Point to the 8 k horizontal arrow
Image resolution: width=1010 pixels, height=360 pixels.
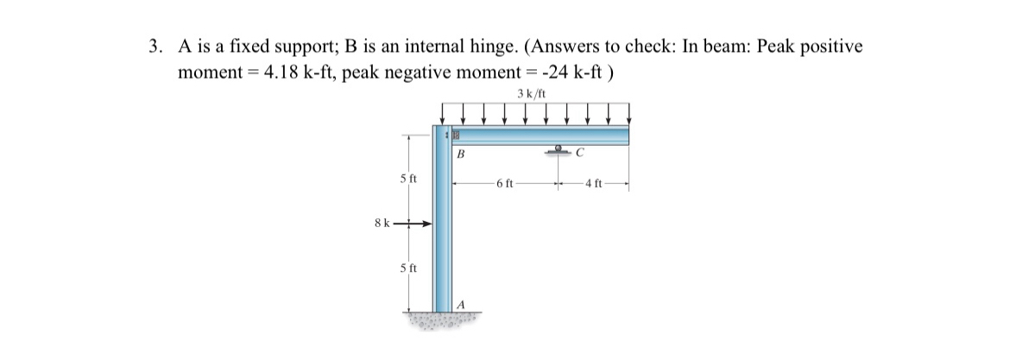414,224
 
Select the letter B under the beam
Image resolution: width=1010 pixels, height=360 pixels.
461,155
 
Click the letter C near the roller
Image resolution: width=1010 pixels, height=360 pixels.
581,155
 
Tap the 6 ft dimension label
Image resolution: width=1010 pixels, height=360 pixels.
505,184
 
